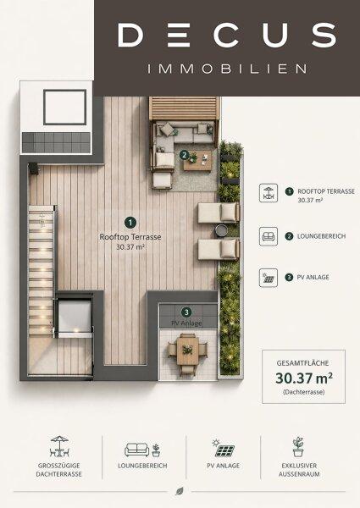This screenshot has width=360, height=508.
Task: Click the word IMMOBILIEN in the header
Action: [x=227, y=69]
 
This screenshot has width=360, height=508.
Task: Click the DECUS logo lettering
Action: [x=227, y=35]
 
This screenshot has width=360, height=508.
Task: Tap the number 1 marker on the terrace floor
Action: [x=130, y=223]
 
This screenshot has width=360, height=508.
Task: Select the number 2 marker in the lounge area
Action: [x=184, y=155]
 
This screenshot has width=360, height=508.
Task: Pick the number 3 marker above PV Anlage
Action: [x=186, y=312]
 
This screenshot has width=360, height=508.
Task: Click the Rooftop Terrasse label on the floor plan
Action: [x=130, y=237]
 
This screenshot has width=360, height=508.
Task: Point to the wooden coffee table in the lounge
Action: [x=197, y=161]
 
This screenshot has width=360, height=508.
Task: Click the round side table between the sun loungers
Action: [x=221, y=230]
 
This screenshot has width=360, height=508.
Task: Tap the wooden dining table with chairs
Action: [x=187, y=351]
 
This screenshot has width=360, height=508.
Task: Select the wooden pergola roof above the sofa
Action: [x=184, y=108]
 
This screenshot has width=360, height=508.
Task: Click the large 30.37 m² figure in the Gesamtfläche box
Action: [x=304, y=378]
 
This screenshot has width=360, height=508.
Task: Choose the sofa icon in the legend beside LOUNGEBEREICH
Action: [x=269, y=236]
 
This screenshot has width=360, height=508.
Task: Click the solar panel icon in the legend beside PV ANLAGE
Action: [x=269, y=278]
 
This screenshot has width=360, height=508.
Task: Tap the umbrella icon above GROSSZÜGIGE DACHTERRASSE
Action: [x=59, y=446]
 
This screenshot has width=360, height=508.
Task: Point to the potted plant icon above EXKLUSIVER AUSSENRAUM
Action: [x=298, y=447]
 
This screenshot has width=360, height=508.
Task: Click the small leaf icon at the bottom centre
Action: [x=180, y=491]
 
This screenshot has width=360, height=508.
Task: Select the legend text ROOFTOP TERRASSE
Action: [x=326, y=191]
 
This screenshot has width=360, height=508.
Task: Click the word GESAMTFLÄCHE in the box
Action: [x=302, y=363]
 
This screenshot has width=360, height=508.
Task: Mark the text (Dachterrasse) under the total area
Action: [x=303, y=392]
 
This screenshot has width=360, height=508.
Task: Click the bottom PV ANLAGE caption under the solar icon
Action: [x=224, y=466]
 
